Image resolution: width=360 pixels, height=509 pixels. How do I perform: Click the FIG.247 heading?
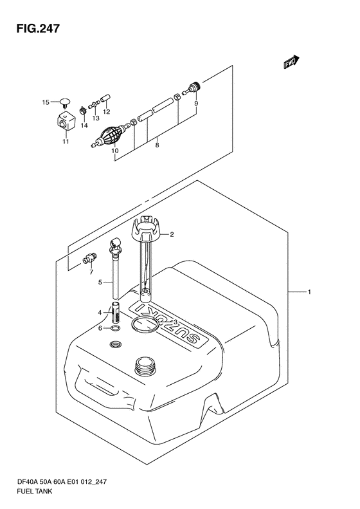pyautogui.click(x=38, y=28)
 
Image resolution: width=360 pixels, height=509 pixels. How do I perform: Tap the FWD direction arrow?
pyautogui.click(x=292, y=62)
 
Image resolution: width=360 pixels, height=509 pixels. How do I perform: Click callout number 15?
pyautogui.click(x=46, y=102)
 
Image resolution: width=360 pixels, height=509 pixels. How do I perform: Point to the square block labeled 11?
pyautogui.click(x=66, y=122)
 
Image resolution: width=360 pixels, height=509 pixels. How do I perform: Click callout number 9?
pyautogui.click(x=196, y=104)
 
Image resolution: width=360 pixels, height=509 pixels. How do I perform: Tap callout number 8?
pyautogui.click(x=157, y=145)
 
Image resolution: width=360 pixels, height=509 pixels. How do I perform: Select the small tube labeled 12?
pyautogui.click(x=105, y=98)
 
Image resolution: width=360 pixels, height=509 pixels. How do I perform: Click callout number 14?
pyautogui.click(x=84, y=125)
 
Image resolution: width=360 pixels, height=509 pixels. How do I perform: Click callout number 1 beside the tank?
pyautogui.click(x=309, y=292)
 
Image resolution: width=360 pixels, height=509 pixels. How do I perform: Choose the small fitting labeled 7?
pyautogui.click(x=89, y=260)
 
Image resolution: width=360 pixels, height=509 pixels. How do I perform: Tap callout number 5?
pyautogui.click(x=100, y=282)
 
